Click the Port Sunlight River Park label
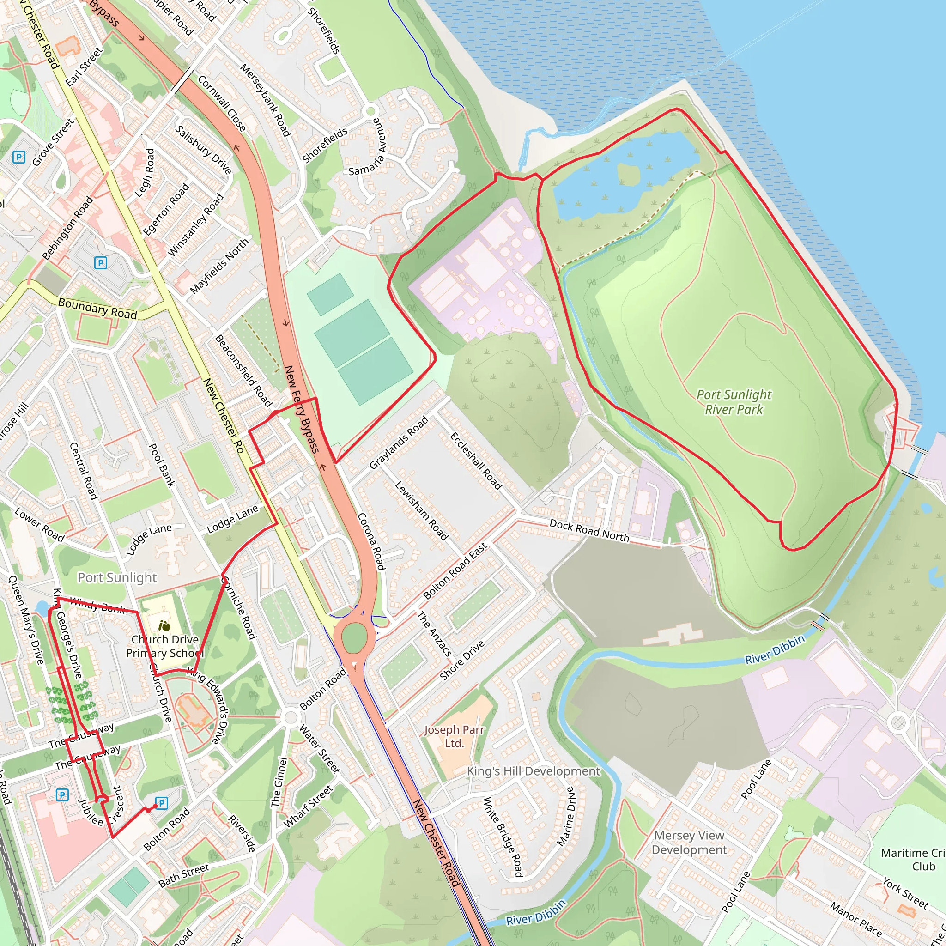734,402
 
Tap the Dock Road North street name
589,530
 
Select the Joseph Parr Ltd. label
454,736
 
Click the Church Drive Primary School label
164,646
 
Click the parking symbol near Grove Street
18,157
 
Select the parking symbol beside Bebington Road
100,263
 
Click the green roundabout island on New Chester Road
354,637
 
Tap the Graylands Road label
399,443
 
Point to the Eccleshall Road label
476,461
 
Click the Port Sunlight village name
117,578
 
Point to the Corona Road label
372,541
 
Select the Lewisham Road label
421,511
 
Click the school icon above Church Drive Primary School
164,625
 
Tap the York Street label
905,894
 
